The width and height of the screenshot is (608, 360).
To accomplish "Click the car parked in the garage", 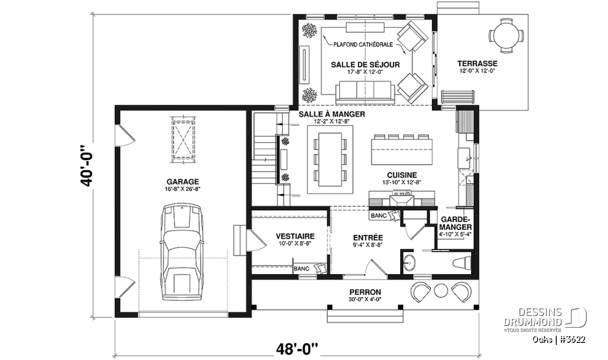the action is pos(181,252).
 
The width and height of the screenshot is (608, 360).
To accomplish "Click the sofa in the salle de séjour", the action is pos(365,93).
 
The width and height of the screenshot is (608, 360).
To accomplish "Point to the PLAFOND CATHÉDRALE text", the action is pos(363,45).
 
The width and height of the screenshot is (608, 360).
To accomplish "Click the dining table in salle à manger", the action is pos(330,159).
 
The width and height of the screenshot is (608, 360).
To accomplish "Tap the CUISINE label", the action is pos(402,175).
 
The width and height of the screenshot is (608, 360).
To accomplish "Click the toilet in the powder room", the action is pos(462,263).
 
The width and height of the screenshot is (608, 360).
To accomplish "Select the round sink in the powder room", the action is pos(409,263).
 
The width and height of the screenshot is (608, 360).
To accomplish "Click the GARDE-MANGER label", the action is pos(455,223).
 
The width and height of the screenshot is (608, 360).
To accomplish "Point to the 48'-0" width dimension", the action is pos(297,349).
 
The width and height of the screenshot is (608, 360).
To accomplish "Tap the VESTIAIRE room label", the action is pos(295,236).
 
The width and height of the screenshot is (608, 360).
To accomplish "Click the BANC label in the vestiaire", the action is pos(301,268).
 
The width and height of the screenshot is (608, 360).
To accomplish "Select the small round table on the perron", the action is pos(441,291).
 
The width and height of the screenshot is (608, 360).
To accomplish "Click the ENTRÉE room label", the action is pos(368,237).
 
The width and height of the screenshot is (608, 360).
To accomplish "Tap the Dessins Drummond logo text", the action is pos(533,317).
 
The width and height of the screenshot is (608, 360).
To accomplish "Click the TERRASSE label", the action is pos(477,63).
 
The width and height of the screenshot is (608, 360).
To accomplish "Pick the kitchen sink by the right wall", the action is pos(464,158).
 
